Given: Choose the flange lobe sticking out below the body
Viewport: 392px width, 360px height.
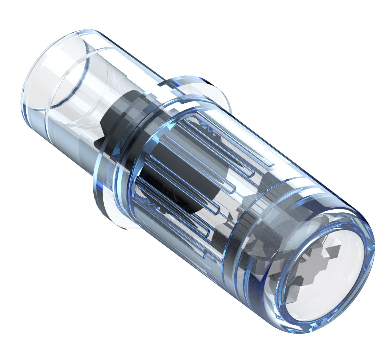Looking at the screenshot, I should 113,213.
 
